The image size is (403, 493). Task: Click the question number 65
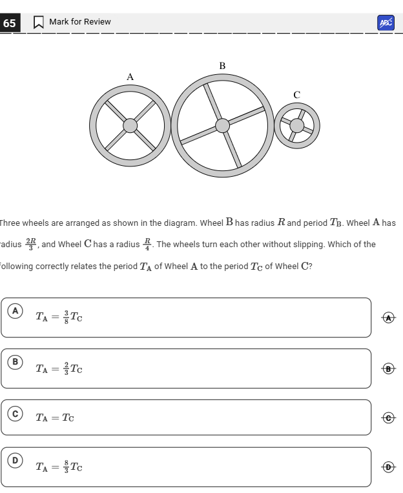[x=9, y=23]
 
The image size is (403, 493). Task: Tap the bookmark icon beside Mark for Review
[x=39, y=23]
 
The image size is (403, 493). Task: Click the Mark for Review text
[x=80, y=22]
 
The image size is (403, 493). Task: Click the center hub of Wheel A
[x=130, y=125]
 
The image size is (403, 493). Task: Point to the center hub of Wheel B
[x=222, y=125]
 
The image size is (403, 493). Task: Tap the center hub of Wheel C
[x=296, y=125]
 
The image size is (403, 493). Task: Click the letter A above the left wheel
[x=130, y=77]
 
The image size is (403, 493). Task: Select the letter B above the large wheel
[x=222, y=66]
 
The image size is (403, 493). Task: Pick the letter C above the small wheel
[x=296, y=95]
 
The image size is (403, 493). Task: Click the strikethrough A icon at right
[x=387, y=317]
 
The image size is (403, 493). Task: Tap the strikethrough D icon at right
[x=387, y=467]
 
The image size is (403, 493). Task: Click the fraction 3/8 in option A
[x=65, y=317]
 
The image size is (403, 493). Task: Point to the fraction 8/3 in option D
[x=65, y=466]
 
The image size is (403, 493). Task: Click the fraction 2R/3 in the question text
[x=31, y=245]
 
